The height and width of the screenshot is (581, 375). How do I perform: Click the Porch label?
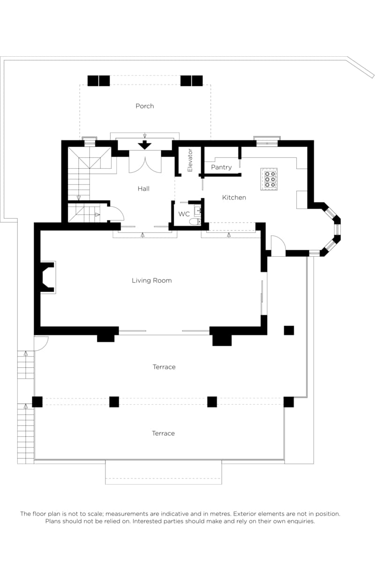click(144, 106)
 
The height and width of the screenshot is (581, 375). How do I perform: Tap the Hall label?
click(143, 188)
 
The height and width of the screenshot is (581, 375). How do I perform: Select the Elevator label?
click(190, 160)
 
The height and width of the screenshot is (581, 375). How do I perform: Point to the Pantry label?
click(221, 167)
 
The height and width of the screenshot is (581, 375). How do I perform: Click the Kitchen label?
click(234, 197)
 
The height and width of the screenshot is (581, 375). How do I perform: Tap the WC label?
click(184, 214)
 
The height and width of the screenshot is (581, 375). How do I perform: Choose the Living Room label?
click(151, 280)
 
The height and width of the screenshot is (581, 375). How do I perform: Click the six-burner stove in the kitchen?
click(269, 179)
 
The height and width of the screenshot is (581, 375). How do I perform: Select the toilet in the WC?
click(195, 221)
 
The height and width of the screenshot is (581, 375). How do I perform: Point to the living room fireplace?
click(47, 277)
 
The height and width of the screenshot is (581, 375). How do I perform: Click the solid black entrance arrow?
click(144, 145)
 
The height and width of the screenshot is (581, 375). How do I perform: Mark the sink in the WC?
click(197, 211)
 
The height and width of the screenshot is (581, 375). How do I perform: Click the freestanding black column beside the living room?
click(289, 330)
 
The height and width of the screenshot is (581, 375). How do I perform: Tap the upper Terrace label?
click(164, 367)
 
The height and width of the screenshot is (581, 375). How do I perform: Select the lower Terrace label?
click(163, 433)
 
